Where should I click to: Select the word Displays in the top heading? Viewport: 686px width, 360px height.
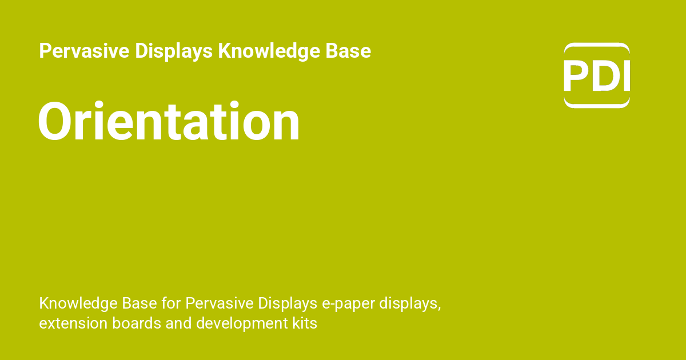[x=174, y=51]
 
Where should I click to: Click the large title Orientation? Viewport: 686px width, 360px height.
[x=169, y=122]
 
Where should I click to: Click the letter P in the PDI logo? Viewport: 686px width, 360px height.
[x=576, y=76]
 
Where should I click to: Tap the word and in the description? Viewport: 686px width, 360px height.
[x=180, y=323]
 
